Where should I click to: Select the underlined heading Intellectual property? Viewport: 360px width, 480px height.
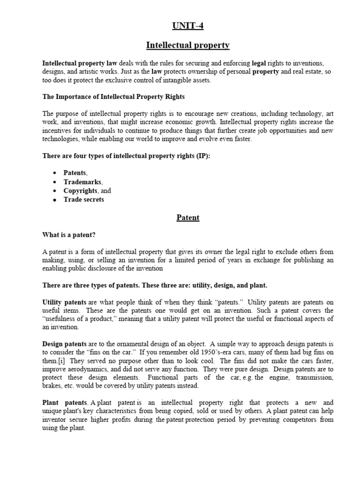[187, 45]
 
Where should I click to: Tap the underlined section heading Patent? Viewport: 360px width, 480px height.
[187, 217]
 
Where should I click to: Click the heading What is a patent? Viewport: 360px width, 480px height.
[72, 234]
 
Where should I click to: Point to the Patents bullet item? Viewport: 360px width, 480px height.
[75, 173]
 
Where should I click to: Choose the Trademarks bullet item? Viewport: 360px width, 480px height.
[82, 182]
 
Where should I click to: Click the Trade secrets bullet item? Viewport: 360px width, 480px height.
[83, 199]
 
